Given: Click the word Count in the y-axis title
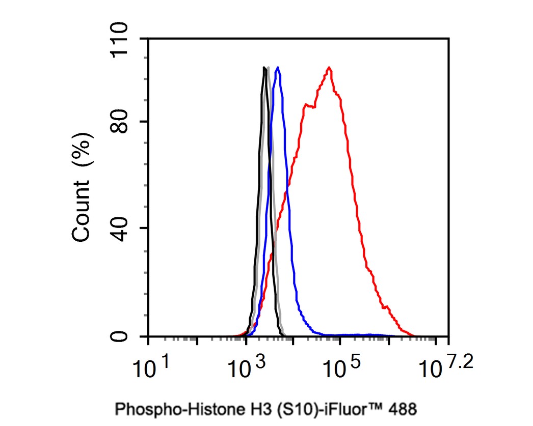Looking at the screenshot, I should click(82, 213).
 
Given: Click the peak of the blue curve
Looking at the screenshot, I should click(277, 68).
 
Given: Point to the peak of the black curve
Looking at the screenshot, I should click(264, 68).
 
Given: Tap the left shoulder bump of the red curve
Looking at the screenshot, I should click(306, 105).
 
